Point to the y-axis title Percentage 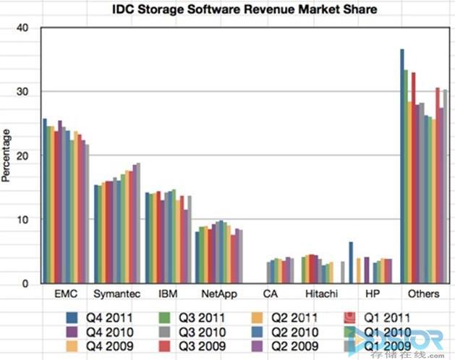point(7,155)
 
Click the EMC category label point(66,294)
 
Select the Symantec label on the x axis point(117,294)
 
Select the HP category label point(371,294)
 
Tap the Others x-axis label point(423,294)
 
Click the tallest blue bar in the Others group point(402,166)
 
